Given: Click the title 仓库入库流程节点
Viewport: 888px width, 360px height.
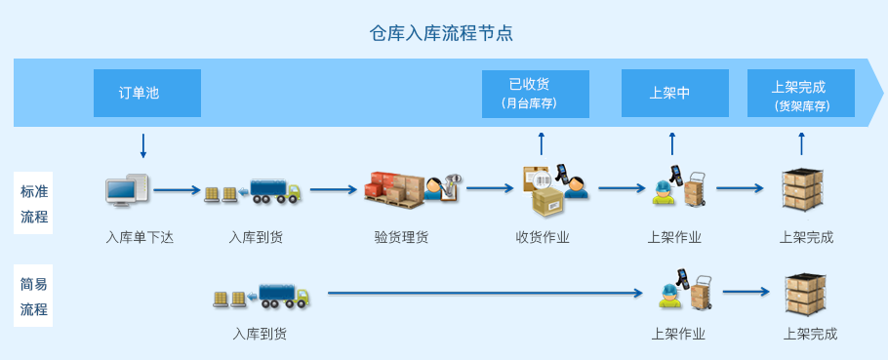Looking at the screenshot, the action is [441, 33].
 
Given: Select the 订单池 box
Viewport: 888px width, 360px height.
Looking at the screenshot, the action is [147, 94].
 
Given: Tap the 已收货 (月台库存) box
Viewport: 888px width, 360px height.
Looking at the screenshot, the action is [535, 94].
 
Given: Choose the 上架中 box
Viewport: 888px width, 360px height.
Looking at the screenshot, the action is [675, 94].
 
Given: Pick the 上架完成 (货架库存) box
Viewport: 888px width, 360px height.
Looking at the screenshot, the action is [801, 94].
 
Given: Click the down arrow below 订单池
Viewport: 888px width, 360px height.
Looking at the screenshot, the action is [143, 146].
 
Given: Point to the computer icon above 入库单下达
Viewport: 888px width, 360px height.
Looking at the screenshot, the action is [128, 189].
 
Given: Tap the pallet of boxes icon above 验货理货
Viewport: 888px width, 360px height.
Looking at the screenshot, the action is [393, 188].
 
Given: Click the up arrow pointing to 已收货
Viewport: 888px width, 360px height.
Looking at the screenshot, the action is [542, 143].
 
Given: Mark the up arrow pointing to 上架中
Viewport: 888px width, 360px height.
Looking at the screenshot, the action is [672, 143].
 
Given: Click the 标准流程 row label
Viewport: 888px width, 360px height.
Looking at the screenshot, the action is [34, 203].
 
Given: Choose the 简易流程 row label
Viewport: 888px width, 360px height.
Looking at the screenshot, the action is [34, 296].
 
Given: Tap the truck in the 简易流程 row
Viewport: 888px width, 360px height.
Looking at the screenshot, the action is [285, 296].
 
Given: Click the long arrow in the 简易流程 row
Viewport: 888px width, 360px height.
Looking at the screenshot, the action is [485, 294].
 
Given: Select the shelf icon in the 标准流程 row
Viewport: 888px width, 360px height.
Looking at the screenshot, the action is [802, 189].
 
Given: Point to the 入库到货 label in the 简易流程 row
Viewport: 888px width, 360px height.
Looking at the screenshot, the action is [260, 334].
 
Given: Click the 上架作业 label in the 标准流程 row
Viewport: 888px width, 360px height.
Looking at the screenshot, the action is [674, 237].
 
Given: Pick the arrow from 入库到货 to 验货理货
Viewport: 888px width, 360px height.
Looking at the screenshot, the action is [333, 189].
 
